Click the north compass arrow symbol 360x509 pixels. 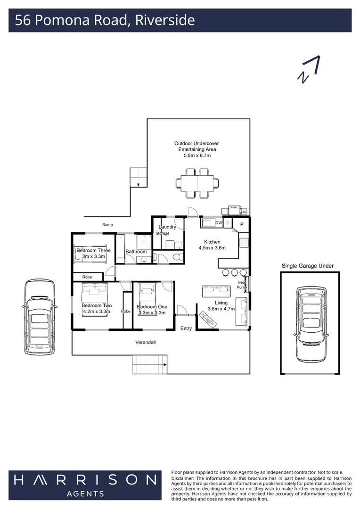(309, 70)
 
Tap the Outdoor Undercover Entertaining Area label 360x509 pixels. (196, 149)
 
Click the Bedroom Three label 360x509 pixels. (93, 251)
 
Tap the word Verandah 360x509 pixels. (147, 342)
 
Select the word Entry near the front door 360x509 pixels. (186, 328)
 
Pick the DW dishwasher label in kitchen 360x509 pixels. (219, 223)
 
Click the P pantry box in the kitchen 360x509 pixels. (242, 224)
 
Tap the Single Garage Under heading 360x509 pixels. (307, 266)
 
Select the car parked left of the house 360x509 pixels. (40, 318)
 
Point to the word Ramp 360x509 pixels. (107, 225)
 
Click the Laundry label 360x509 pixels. (167, 227)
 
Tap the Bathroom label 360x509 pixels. (136, 252)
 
